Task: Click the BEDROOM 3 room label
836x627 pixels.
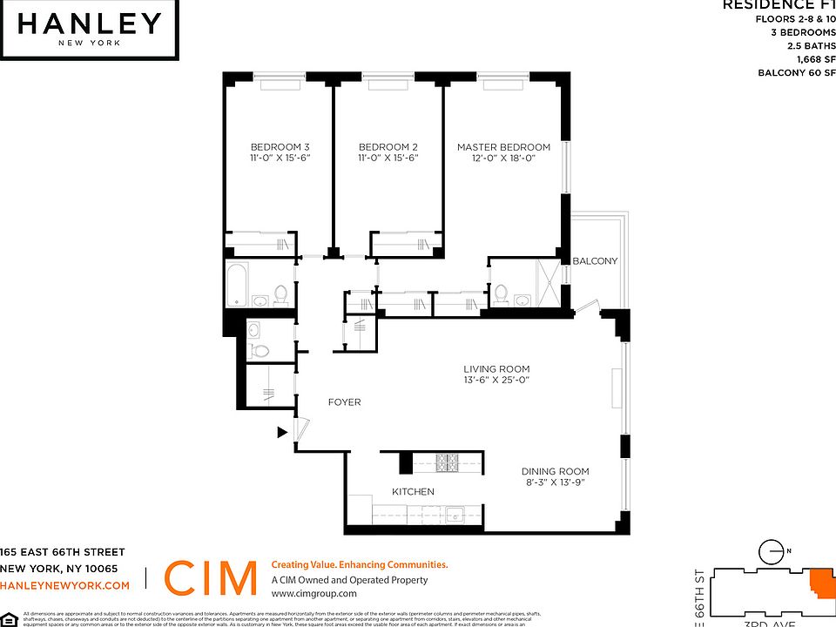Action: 280,146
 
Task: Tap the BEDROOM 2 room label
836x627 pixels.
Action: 388,146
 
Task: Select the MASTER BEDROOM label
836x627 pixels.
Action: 503,147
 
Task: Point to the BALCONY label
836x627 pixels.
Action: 595,261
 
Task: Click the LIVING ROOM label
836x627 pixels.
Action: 496,369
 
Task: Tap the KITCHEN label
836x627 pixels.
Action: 413,492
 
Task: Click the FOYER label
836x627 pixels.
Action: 344,402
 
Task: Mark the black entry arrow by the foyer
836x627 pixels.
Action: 282,431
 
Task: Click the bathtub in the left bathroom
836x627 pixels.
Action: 238,287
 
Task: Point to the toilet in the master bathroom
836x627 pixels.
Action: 502,296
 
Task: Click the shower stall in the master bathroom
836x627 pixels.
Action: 549,284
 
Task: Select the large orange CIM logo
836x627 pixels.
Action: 210,578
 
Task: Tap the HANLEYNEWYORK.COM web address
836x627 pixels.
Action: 65,585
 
